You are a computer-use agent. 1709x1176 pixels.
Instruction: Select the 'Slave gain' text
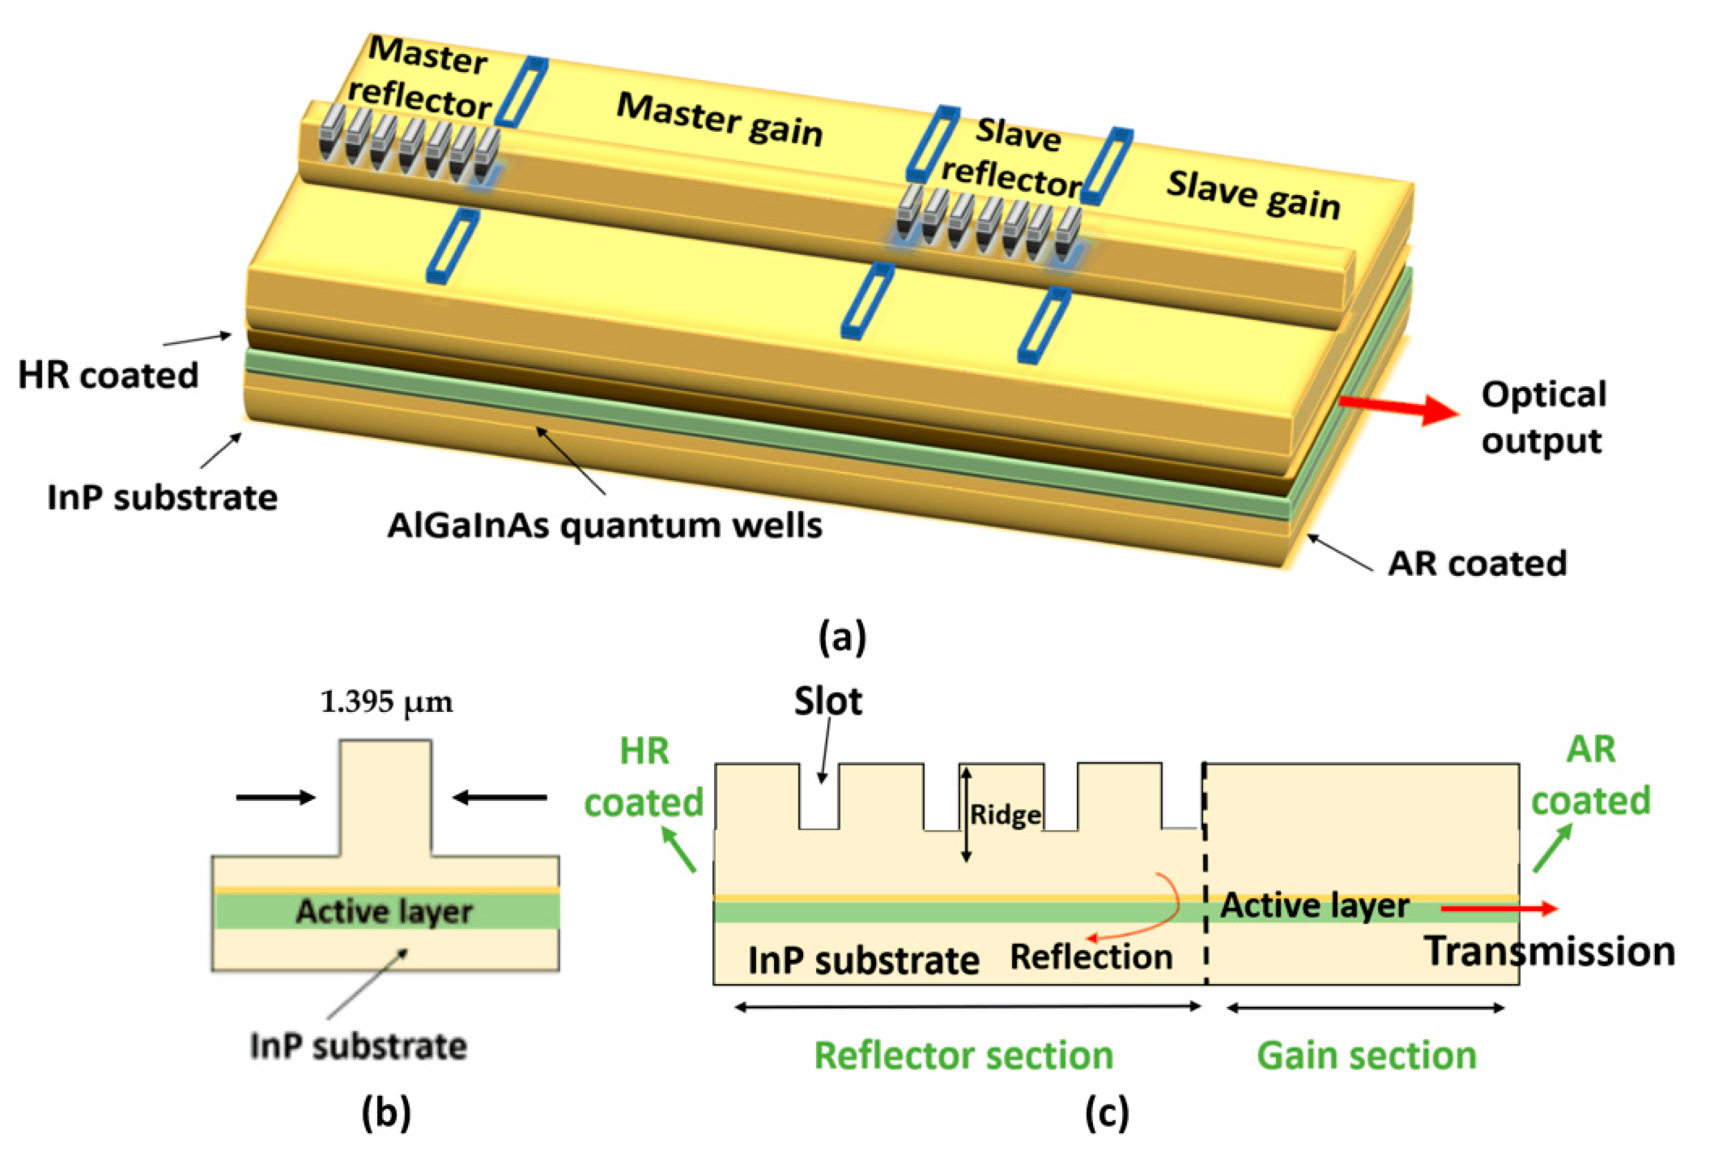click(x=1253, y=196)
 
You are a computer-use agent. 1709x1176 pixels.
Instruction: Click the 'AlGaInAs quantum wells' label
click(x=605, y=526)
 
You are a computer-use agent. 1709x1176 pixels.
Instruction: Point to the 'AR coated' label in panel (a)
click(x=1477, y=564)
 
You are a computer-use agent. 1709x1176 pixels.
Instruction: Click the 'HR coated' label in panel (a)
click(x=108, y=375)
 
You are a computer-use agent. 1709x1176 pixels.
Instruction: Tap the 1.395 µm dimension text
click(x=387, y=702)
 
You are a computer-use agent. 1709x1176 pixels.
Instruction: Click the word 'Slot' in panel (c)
click(x=827, y=701)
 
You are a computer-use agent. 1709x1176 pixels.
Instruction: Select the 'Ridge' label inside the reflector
click(x=1004, y=815)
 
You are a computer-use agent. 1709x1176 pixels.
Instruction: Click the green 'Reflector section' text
click(x=963, y=1055)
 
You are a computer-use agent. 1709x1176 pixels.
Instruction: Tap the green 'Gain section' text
click(x=1366, y=1055)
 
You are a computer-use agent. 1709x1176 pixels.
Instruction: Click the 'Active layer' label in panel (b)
click(x=384, y=912)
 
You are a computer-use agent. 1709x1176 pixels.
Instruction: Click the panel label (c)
click(x=1107, y=1114)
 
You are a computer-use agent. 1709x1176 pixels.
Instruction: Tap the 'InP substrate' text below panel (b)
click(x=358, y=1046)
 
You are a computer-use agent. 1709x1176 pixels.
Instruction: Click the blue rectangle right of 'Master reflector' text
click(x=522, y=92)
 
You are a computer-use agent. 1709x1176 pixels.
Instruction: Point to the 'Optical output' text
click(x=1543, y=418)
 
